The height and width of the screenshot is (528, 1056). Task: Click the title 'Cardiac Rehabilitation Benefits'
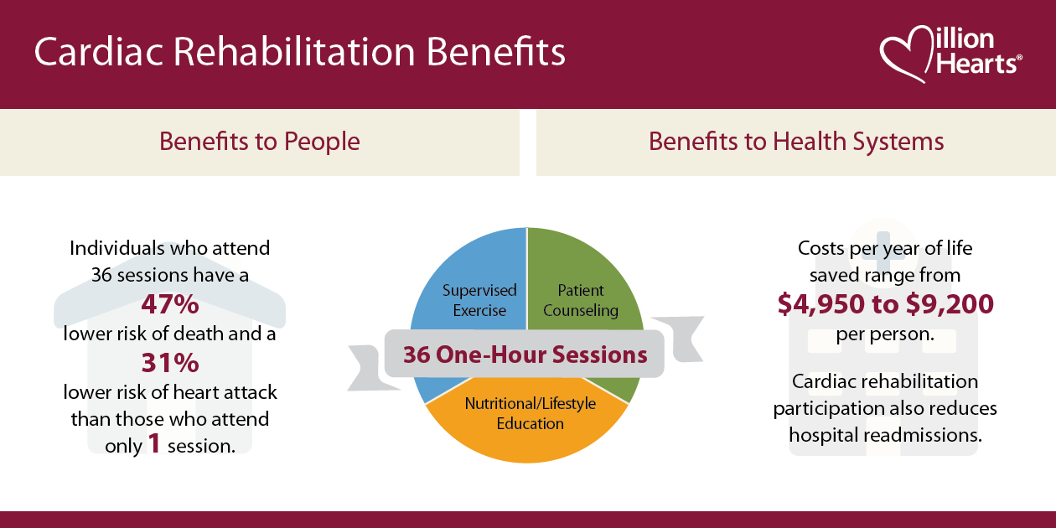point(299,52)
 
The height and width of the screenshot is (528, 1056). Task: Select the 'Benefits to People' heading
point(260,141)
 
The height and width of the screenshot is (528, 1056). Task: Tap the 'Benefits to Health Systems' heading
point(796,141)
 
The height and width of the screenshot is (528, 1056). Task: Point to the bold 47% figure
point(169,303)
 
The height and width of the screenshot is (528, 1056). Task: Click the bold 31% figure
point(169,363)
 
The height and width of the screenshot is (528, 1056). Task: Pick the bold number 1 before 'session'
point(154,444)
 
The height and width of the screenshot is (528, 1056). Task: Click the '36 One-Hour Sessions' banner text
point(525,355)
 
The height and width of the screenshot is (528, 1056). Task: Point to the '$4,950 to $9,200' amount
point(885,304)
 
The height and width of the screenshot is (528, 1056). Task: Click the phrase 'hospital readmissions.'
point(885,436)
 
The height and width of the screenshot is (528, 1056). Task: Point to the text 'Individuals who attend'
point(170,248)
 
